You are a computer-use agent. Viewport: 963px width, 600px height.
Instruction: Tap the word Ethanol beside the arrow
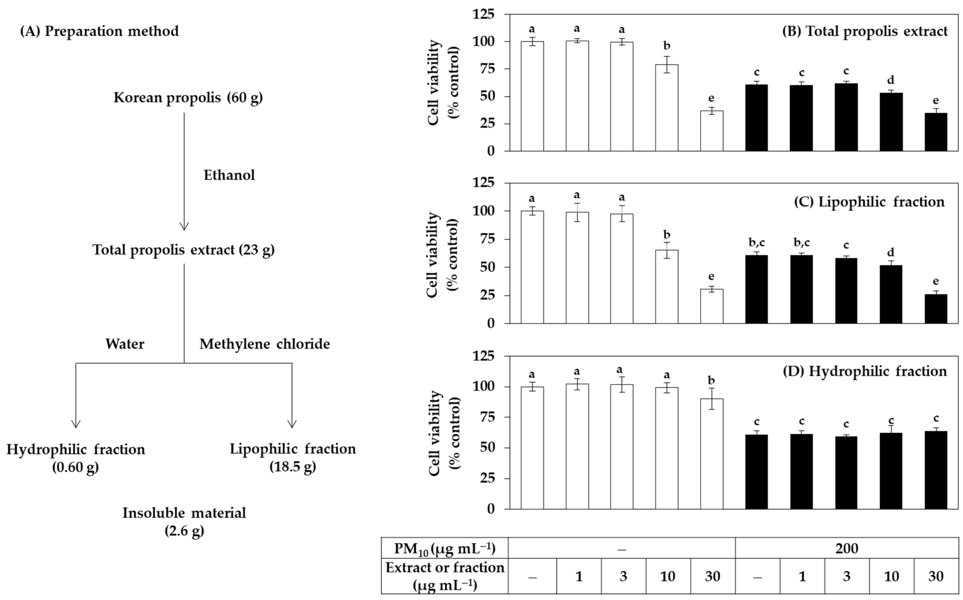[229, 175]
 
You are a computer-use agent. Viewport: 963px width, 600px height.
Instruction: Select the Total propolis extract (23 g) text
[183, 250]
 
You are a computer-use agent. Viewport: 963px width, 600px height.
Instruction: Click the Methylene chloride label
[264, 344]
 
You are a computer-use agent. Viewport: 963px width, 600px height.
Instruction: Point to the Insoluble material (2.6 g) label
[184, 521]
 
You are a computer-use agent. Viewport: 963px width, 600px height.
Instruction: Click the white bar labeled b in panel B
[667, 107]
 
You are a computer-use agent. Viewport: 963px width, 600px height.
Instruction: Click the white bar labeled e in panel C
[711, 306]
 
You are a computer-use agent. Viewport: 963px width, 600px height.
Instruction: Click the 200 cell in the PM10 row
[846, 548]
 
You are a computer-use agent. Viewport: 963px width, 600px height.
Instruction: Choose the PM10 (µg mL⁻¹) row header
[444, 548]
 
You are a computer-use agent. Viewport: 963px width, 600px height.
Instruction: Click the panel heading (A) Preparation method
[99, 31]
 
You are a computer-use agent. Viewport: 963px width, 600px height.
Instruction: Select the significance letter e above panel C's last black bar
[936, 281]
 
